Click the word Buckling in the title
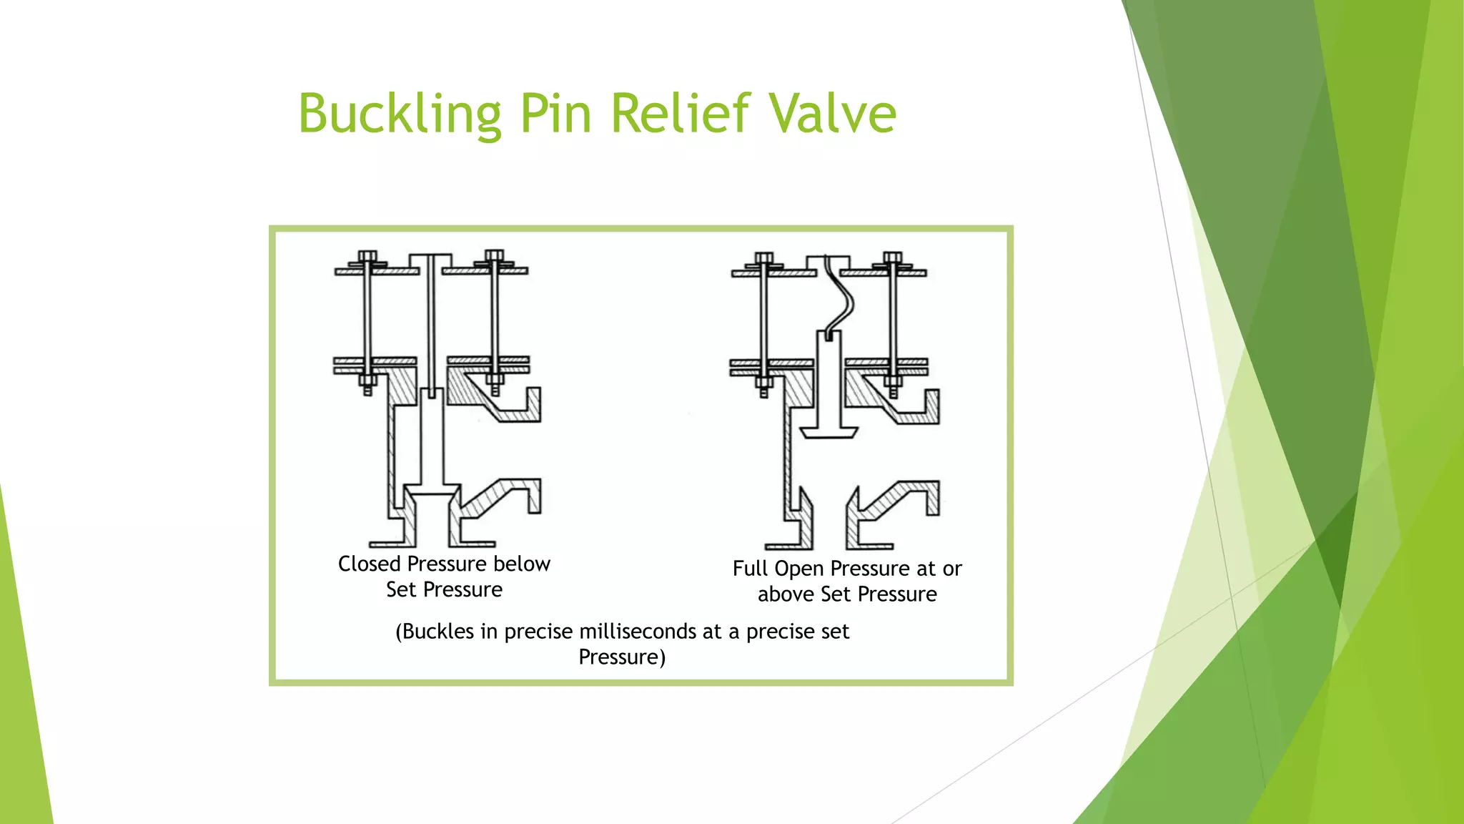[399, 114]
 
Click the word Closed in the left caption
[369, 564]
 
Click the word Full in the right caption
[750, 569]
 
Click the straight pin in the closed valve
[431, 322]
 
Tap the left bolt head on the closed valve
[367, 257]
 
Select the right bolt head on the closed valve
[494, 256]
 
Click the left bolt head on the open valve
[763, 258]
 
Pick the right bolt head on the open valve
[892, 257]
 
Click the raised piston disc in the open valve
[829, 431]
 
